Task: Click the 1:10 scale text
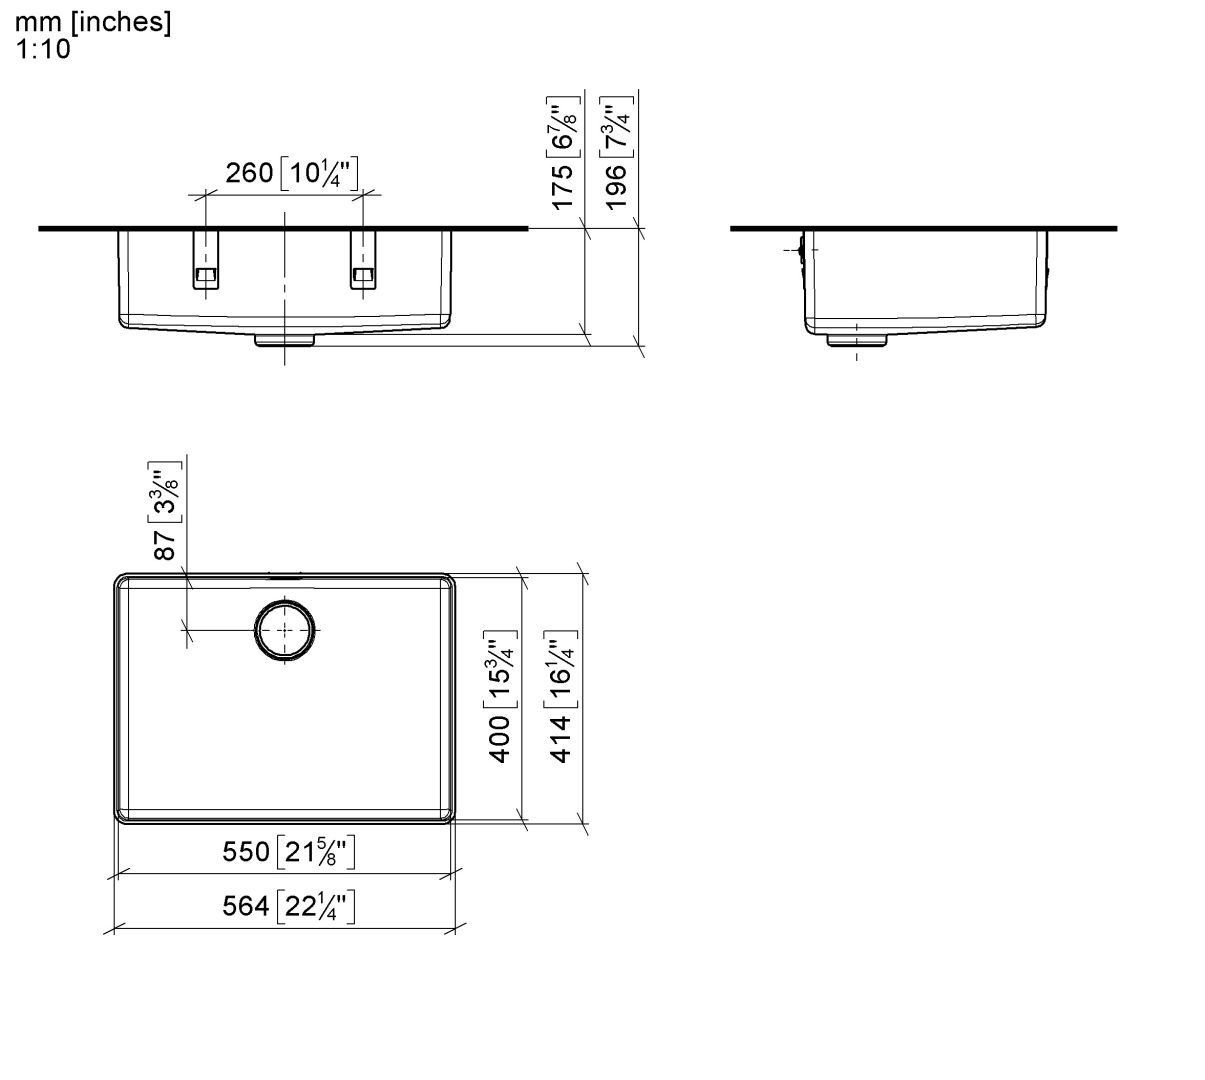(x=43, y=49)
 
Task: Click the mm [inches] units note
(x=92, y=23)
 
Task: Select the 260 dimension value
(x=249, y=173)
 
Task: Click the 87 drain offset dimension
(x=166, y=545)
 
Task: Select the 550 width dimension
(x=245, y=852)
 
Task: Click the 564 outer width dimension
(x=245, y=906)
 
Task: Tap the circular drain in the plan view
(x=286, y=631)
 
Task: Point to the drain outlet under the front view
(x=285, y=340)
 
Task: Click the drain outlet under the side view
(x=857, y=340)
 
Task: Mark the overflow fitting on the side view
(x=799, y=248)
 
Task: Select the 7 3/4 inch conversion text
(x=616, y=125)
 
